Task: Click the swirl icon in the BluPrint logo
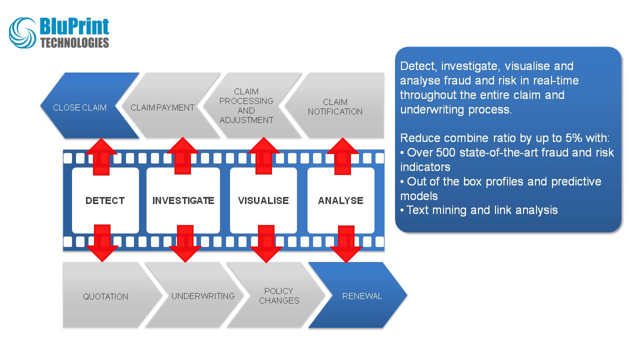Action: point(23,33)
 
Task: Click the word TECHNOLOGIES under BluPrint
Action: point(74,43)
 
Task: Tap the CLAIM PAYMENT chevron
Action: point(162,107)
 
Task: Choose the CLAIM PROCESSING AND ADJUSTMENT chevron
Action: point(246,106)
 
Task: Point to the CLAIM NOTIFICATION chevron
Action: point(335,106)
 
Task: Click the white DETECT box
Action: point(105,200)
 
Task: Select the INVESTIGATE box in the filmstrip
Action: point(183,200)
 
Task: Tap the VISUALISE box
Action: point(263,200)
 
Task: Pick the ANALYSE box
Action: point(340,200)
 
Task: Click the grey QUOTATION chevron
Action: point(105,296)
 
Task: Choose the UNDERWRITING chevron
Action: point(203,295)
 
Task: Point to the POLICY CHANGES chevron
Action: point(279,295)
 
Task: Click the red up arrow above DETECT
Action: point(102,156)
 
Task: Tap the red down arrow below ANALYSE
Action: point(346,243)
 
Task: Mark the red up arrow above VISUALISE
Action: point(263,155)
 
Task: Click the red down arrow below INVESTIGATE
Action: point(185,243)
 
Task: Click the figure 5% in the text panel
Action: point(563,138)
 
